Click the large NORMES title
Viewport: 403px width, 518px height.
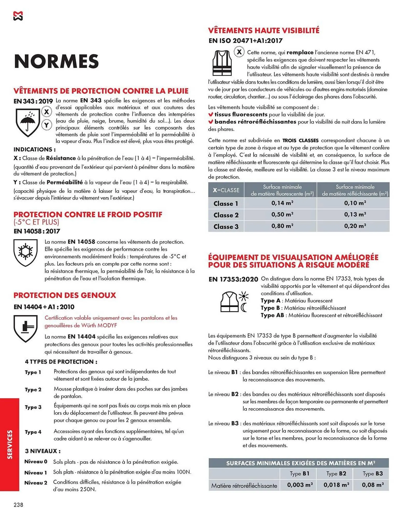(56, 61)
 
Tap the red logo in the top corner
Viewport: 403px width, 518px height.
(18, 16)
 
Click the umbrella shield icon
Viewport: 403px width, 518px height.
(27, 122)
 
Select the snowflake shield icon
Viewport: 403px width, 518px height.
(25, 252)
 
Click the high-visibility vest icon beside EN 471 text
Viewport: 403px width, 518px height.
(222, 63)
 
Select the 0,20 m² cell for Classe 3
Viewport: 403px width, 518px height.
(355, 226)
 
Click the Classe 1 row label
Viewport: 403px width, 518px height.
(225, 204)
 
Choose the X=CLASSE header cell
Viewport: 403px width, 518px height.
(226, 190)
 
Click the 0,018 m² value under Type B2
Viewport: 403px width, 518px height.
(336, 485)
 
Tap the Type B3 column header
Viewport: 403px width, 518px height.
(372, 473)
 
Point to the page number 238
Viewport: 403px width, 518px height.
(18, 505)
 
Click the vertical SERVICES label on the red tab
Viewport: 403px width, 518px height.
(10, 444)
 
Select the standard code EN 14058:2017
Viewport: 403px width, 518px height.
(37, 231)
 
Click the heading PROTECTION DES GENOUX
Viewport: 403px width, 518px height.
(65, 295)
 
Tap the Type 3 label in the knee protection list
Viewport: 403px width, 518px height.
(33, 407)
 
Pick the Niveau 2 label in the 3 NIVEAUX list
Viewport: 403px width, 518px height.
(36, 483)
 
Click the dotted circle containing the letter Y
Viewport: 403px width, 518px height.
(46, 125)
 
